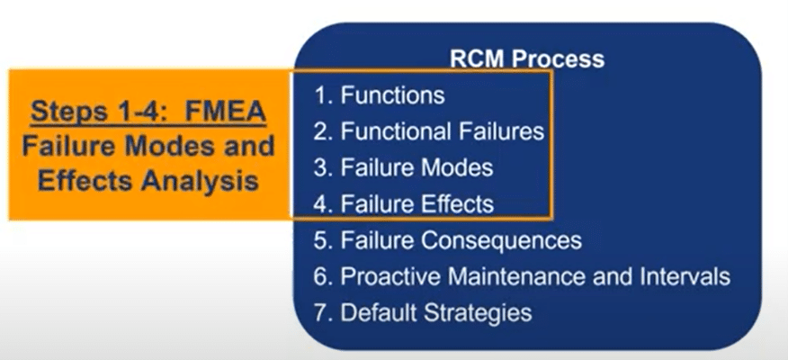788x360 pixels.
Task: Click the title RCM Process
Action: pos(526,59)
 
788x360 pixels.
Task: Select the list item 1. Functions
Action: pos(380,95)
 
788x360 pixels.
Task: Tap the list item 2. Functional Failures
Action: pos(429,131)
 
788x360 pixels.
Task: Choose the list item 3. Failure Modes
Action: pos(404,167)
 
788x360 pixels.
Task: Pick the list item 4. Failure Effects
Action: pos(404,203)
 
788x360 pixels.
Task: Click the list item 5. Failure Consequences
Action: pos(448,239)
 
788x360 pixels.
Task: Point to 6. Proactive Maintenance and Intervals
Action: pos(522,277)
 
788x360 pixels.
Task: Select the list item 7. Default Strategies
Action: pos(423,313)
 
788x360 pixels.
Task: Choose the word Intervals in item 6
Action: pos(686,276)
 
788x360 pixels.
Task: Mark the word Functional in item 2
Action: pos(397,131)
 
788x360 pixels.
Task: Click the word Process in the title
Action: pos(558,59)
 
